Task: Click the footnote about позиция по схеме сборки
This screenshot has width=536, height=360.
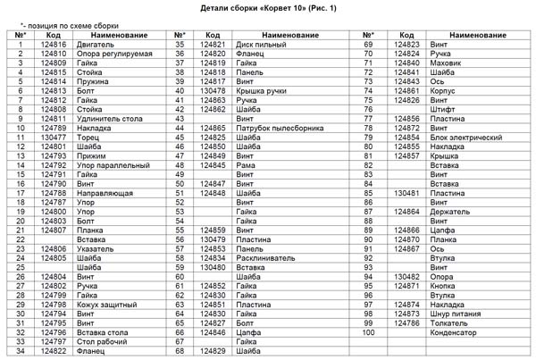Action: pyautogui.click(x=70, y=27)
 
